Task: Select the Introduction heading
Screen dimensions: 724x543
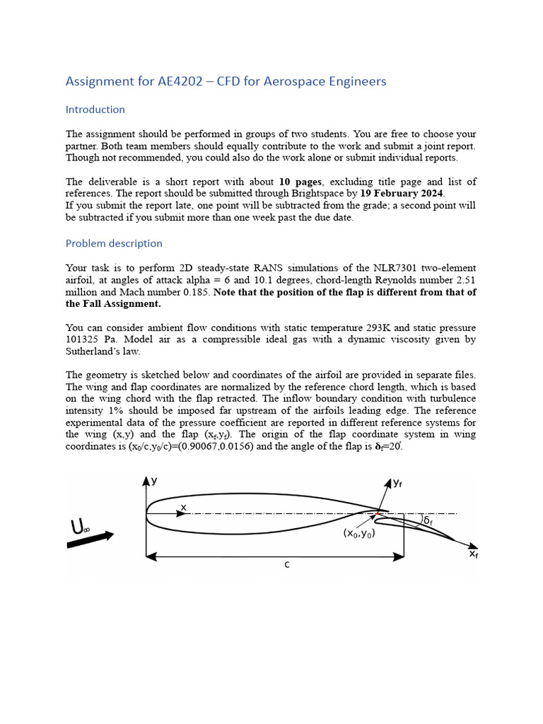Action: tap(95, 110)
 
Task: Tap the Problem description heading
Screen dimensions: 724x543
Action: tap(114, 243)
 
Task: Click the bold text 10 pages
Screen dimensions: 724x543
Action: tap(300, 182)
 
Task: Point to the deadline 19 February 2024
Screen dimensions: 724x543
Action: tap(402, 193)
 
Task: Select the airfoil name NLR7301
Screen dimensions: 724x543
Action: tap(397, 268)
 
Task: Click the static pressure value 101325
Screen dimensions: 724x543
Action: tap(85, 339)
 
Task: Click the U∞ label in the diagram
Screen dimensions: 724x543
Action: tap(81, 527)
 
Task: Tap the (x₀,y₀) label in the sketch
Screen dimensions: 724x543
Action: tap(359, 534)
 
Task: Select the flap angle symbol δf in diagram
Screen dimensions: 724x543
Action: tap(428, 520)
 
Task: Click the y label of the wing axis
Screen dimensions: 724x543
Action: tap(154, 480)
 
